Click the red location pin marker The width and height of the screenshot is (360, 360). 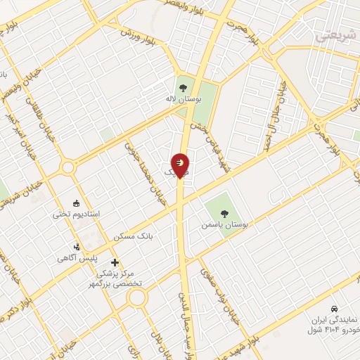[x=181, y=165]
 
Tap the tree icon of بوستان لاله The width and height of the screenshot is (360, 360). [x=183, y=88]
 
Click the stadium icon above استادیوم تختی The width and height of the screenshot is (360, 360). [x=77, y=201]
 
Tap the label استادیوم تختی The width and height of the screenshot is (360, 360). [x=77, y=212]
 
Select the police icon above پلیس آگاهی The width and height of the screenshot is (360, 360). [x=77, y=247]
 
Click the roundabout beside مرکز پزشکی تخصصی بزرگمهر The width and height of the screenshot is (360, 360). [x=137, y=297]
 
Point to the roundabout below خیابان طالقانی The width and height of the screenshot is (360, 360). [x=68, y=167]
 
